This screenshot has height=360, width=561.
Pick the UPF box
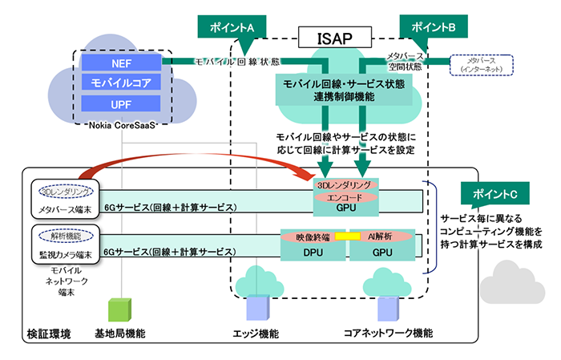[x=122, y=103]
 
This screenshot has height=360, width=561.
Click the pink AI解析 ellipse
[x=381, y=237]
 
